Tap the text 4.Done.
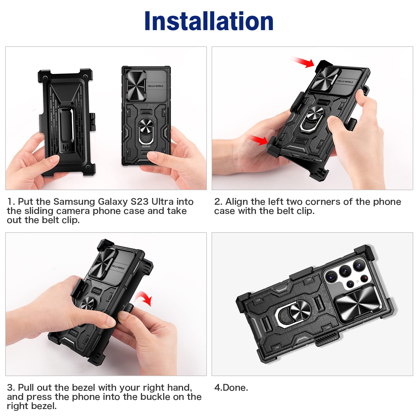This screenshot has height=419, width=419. (231, 388)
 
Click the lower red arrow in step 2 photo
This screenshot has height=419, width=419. (259, 140)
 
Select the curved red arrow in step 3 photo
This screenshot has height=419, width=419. (144, 299)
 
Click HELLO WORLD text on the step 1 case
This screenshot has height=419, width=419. (155, 86)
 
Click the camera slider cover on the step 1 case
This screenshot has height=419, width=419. (136, 86)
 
